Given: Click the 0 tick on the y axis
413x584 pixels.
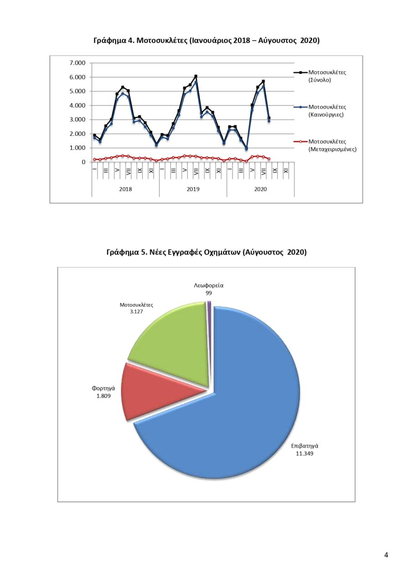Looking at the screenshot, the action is pos(83,162).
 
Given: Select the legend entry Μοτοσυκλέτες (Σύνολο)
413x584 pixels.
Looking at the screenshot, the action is pos(327,76).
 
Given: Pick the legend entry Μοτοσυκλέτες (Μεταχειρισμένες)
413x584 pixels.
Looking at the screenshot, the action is pos(332,146).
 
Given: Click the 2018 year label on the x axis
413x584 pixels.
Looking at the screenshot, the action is pos(125,189).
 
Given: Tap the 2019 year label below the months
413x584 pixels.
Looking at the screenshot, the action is pos(193,189).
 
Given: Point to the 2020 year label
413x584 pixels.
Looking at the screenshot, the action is pos(260,189).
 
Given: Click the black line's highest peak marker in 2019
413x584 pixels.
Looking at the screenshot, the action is pos(196,76).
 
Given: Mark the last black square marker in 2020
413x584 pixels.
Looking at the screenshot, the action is pos(269,118).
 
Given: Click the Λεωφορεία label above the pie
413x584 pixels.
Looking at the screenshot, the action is pos(209,286).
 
